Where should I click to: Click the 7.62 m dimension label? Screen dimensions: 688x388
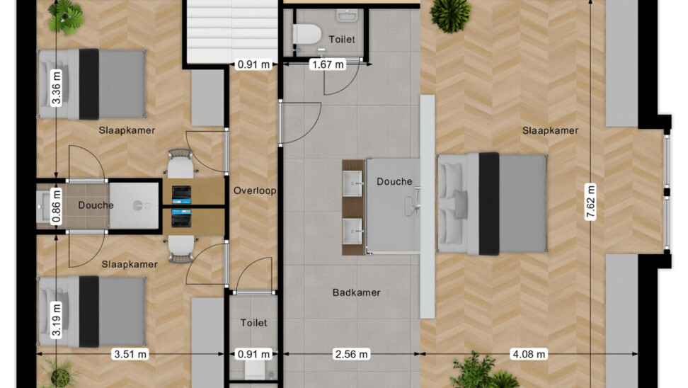[590, 202]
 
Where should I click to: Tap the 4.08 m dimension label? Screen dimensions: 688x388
[529, 354]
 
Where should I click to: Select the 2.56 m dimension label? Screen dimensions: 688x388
[351, 354]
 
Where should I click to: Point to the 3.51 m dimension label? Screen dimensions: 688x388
[130, 354]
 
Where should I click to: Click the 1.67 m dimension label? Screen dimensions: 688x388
[327, 64]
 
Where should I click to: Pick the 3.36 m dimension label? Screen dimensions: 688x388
[56, 89]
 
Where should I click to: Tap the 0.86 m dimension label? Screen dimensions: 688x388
[56, 206]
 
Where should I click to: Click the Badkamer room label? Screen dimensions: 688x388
[356, 292]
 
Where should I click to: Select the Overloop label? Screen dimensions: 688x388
[255, 190]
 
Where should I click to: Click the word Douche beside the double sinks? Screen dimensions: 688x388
[394, 181]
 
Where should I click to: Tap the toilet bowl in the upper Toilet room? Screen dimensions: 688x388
[306, 34]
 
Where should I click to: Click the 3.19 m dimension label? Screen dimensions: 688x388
[56, 319]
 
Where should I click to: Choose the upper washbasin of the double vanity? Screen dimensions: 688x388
[352, 183]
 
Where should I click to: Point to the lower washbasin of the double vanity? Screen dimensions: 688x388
[352, 231]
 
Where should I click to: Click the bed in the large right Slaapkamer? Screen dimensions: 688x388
[492, 204]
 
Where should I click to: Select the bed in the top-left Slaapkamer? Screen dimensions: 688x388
[91, 84]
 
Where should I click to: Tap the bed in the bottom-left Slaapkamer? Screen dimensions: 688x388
[91, 312]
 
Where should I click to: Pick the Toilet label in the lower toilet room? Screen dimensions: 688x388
[253, 323]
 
